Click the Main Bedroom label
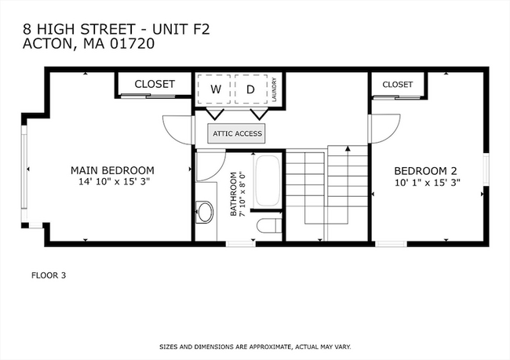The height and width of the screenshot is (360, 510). tap(112, 170)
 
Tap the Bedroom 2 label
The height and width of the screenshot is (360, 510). tap(425, 171)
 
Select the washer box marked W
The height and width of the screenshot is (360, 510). tap(214, 89)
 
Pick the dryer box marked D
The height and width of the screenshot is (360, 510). tap(251, 89)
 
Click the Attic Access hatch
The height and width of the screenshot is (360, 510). tap(236, 133)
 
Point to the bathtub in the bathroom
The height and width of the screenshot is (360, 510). tap(267, 180)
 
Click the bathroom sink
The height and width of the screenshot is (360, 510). tap(205, 212)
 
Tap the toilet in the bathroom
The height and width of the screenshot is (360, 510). tap(269, 225)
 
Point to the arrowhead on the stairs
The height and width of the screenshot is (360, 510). tap(348, 148)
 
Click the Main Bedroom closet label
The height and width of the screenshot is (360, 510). tap(155, 84)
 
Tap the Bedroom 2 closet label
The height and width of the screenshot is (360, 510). tap(398, 85)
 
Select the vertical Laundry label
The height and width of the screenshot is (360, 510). tap(274, 89)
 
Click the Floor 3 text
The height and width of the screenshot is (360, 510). tap(49, 275)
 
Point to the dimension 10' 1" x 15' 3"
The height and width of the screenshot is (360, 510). tap(428, 183)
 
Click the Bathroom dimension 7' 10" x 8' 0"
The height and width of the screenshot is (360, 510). tap(242, 195)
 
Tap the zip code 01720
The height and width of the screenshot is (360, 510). tap(132, 44)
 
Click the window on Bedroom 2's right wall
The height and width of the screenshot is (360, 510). tap(486, 169)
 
